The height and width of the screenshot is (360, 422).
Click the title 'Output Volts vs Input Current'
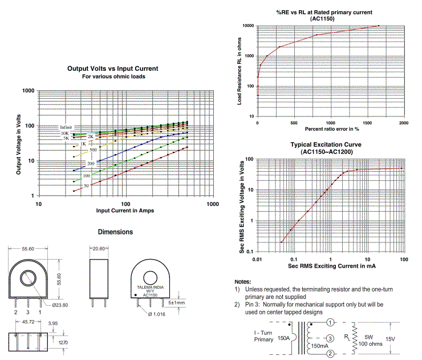tap(112, 68)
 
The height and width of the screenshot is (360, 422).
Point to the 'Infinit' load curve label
tap(67, 127)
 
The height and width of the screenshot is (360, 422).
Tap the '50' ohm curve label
tap(86, 185)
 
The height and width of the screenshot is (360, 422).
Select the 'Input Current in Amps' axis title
tap(125, 211)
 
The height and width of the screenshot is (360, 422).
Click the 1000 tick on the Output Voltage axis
tap(29, 91)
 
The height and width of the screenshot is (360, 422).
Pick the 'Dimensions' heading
tap(115, 232)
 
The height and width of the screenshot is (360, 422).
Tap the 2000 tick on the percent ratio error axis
tap(403, 123)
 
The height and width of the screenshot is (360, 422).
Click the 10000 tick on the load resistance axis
tap(247, 26)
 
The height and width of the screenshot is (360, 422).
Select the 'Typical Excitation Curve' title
tap(325, 145)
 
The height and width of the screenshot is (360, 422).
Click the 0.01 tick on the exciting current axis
tap(258, 259)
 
